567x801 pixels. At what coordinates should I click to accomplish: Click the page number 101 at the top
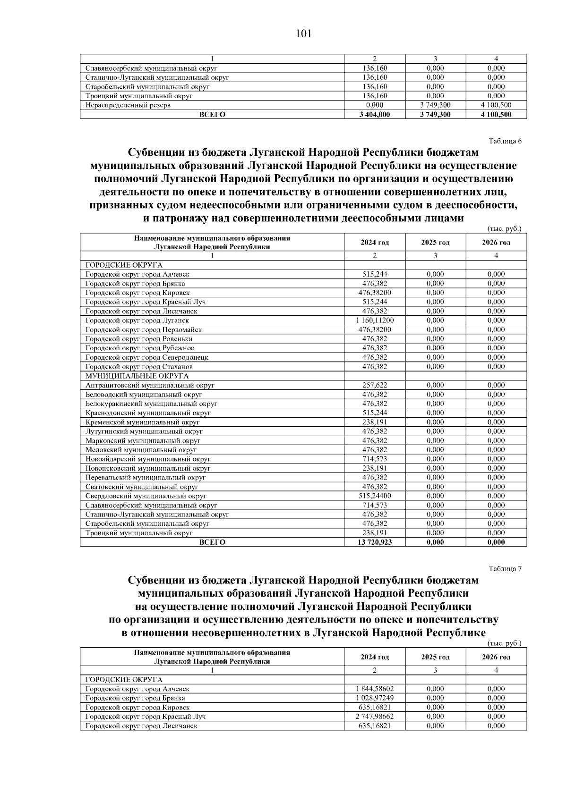pyautogui.click(x=303, y=34)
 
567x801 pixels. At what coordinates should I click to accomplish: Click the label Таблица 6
pyautogui.click(x=505, y=141)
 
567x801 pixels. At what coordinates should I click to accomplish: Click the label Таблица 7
pyautogui.click(x=505, y=568)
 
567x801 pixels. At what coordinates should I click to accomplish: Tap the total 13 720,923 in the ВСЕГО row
pyautogui.click(x=375, y=542)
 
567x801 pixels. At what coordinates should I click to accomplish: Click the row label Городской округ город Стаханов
pyautogui.click(x=139, y=367)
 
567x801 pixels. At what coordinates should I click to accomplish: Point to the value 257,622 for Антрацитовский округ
pyautogui.click(x=375, y=385)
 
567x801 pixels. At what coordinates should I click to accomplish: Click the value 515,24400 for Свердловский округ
pyautogui.click(x=375, y=496)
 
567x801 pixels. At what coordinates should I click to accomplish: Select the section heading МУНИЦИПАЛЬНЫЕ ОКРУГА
pyautogui.click(x=137, y=376)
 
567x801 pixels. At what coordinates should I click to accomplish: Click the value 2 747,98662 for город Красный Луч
pyautogui.click(x=375, y=717)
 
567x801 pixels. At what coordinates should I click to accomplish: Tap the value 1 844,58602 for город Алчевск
pyautogui.click(x=375, y=689)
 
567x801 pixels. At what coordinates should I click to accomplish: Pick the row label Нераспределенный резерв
pyautogui.click(x=128, y=105)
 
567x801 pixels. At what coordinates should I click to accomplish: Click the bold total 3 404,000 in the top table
pyautogui.click(x=375, y=115)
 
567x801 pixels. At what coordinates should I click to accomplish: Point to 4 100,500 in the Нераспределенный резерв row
pyautogui.click(x=496, y=105)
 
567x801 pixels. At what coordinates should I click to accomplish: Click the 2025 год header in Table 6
pyautogui.click(x=435, y=243)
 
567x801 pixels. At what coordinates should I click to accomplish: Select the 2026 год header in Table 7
pyautogui.click(x=496, y=657)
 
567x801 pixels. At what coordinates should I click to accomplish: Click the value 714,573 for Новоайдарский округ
pyautogui.click(x=375, y=459)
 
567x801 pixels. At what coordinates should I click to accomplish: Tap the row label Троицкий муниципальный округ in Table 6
pyautogui.click(x=139, y=533)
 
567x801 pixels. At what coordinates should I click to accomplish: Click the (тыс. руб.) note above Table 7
pyautogui.click(x=504, y=643)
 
